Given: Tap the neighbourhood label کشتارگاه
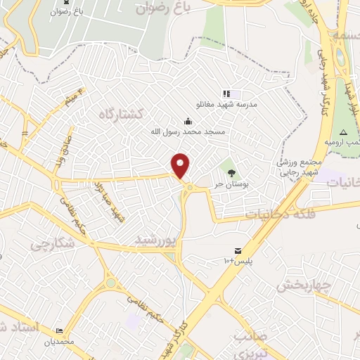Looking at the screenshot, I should [120, 113].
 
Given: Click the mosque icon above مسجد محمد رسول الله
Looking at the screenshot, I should [186, 120].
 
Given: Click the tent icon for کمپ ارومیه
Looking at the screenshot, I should [343, 133].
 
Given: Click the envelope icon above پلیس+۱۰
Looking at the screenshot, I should [238, 251].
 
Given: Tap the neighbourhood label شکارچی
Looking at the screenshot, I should [50, 243].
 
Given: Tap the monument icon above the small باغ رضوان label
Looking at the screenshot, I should [56, 3].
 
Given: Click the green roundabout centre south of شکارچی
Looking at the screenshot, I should [110, 283].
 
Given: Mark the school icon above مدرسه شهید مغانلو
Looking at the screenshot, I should [226, 93].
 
